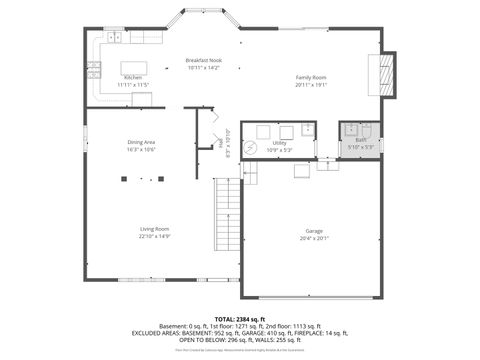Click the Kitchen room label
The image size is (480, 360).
132,78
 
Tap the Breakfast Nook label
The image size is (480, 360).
204,61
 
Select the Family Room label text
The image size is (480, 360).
311,78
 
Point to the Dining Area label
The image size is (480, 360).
141,142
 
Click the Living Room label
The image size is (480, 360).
154,229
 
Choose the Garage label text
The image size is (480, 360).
313,230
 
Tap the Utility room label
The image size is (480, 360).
279,143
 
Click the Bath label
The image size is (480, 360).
360,140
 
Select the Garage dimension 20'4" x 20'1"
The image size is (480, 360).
313,238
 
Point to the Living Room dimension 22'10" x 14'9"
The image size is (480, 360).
154,237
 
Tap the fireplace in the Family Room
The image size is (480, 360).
388,73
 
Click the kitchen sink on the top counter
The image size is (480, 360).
115,38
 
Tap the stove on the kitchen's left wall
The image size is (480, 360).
94,70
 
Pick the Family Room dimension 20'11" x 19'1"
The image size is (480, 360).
311,85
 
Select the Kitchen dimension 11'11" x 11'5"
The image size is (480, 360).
132,85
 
